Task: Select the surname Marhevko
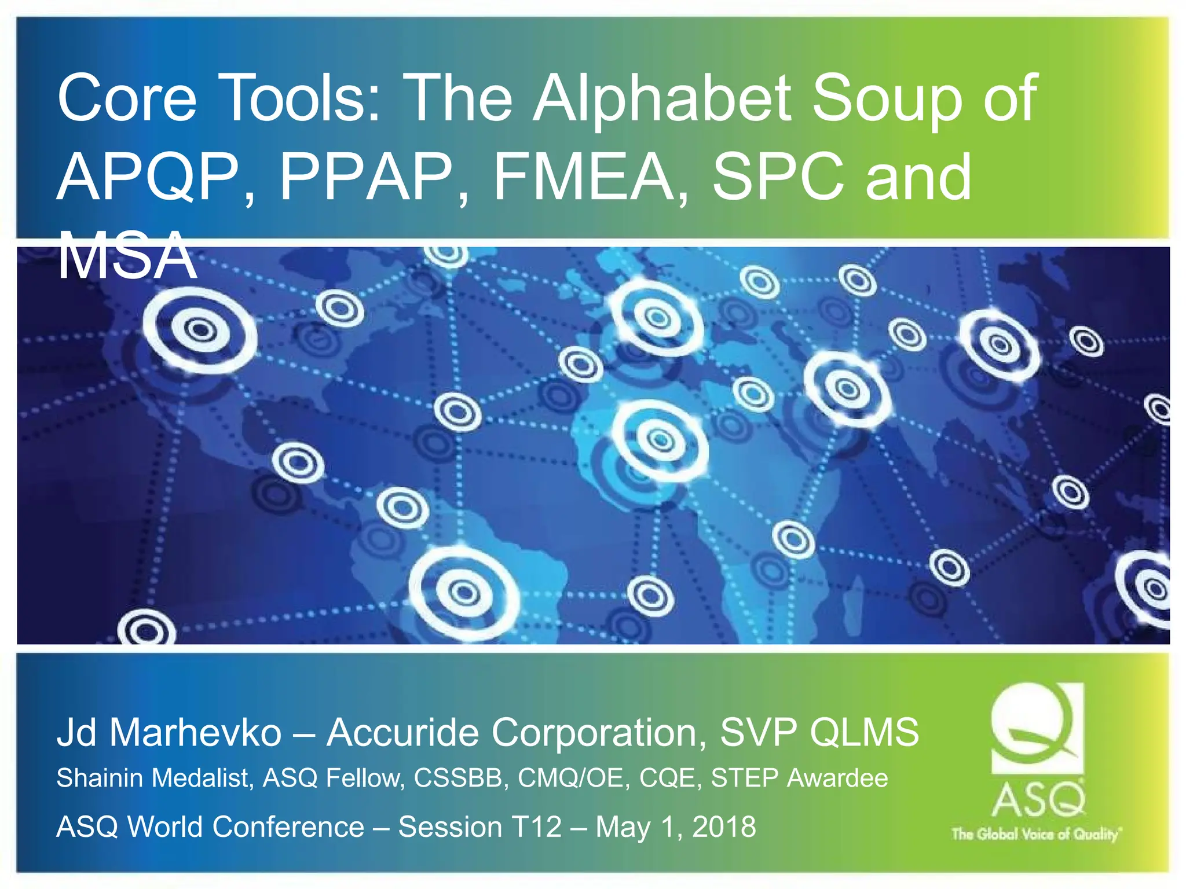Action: [196, 732]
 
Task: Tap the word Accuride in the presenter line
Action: [404, 732]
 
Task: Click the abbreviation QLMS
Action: [864, 732]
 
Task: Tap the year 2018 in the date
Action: [724, 826]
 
